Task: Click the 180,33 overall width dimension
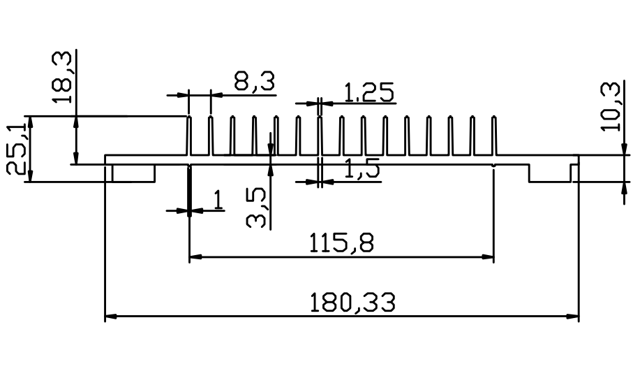click(x=352, y=303)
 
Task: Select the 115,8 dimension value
click(x=341, y=243)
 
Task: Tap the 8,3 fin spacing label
click(x=254, y=81)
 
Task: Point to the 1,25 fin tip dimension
click(x=369, y=92)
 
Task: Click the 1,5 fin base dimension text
click(x=362, y=168)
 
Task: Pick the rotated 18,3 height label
click(x=62, y=77)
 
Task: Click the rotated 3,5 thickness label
click(x=255, y=208)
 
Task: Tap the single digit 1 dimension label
click(x=218, y=200)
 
